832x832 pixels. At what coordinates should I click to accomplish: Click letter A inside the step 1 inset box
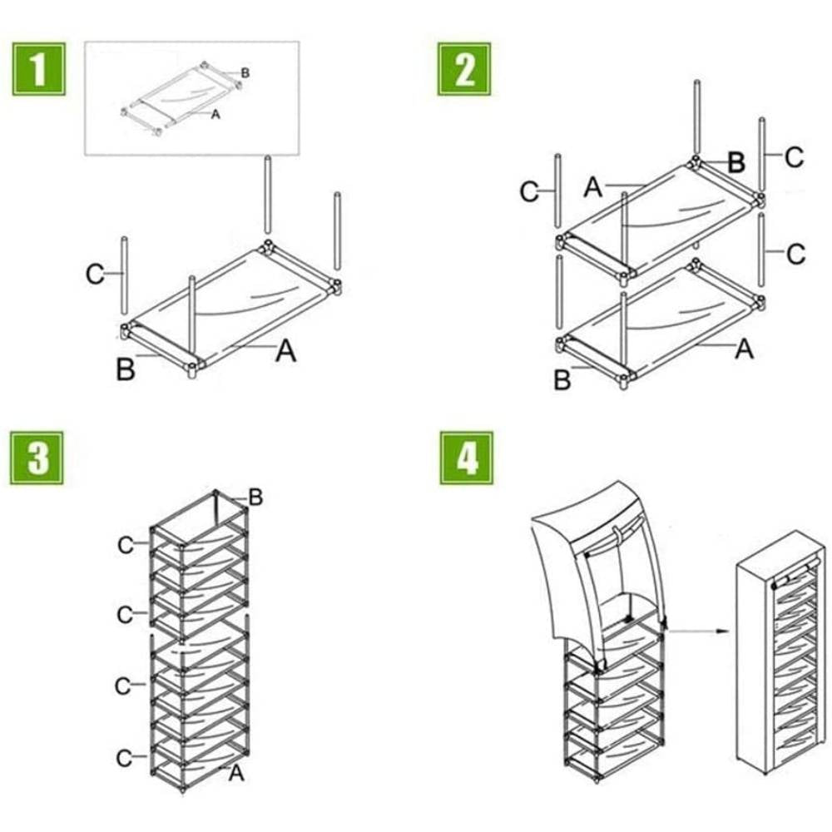(x=215, y=115)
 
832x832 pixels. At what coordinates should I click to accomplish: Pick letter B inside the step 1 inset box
(x=245, y=73)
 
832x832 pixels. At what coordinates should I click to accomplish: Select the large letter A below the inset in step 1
(x=285, y=352)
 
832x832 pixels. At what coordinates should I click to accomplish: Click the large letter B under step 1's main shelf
(x=126, y=369)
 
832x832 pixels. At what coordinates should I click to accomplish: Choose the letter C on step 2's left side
(x=529, y=192)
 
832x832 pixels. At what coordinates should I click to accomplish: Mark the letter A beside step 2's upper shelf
(x=592, y=187)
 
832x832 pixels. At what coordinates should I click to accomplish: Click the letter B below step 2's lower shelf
(x=563, y=379)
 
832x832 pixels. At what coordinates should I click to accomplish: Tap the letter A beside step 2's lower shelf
(x=744, y=349)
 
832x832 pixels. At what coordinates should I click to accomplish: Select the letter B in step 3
(x=255, y=498)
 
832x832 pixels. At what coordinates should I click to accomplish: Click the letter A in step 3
(x=236, y=773)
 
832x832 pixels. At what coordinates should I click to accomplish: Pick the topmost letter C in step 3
(x=126, y=545)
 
